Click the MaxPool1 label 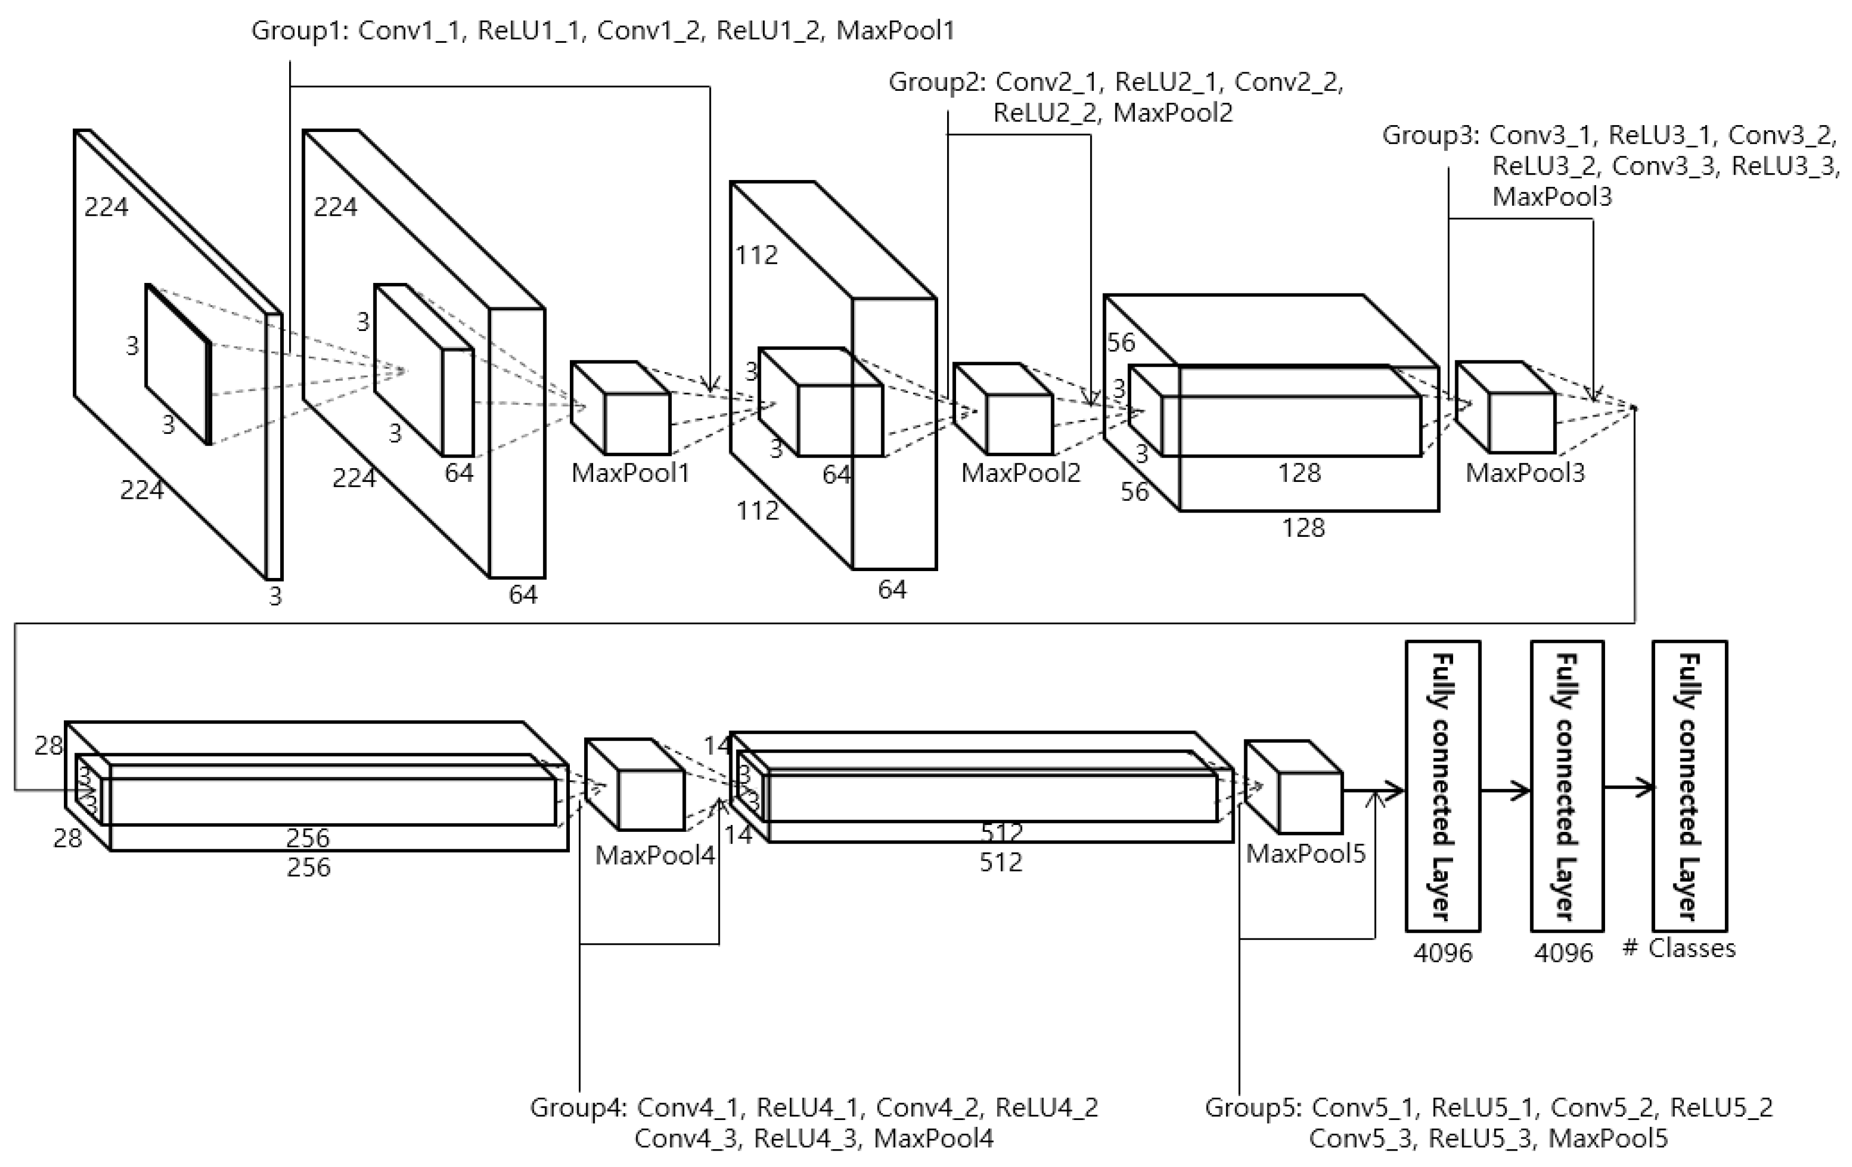coord(630,472)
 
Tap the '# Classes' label coord(1679,948)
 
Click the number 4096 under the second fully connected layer coord(1563,953)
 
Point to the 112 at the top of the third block coord(756,254)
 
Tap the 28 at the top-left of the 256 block coord(49,745)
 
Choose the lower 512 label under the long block coord(1000,862)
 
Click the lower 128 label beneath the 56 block coord(1303,528)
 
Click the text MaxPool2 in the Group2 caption coord(1173,113)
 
